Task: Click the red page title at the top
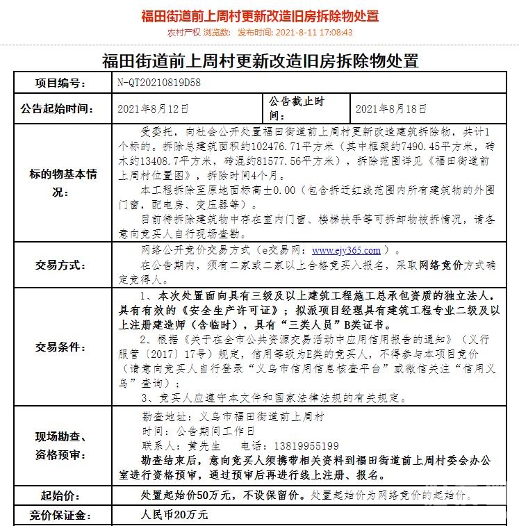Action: coord(260,15)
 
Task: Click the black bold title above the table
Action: coord(260,60)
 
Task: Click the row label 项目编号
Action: coord(61,83)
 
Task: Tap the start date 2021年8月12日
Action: coord(153,108)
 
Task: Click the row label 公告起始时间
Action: coord(61,108)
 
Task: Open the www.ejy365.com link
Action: coord(346,250)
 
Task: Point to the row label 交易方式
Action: coord(61,265)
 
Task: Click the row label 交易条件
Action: coord(61,347)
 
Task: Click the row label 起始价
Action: coord(61,495)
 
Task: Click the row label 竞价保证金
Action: coord(61,515)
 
